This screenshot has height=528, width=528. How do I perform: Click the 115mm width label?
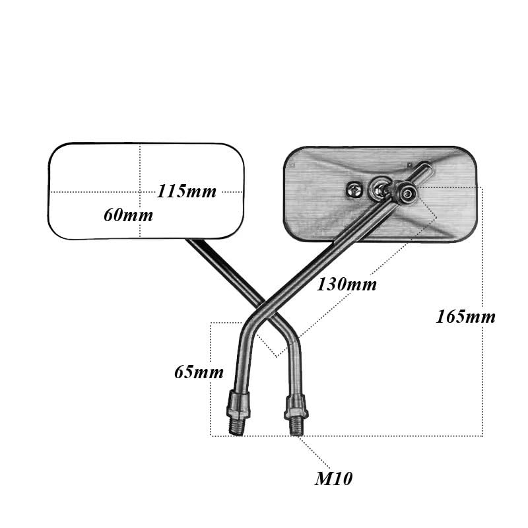pos(187,191)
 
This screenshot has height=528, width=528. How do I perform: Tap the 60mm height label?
pos(128,215)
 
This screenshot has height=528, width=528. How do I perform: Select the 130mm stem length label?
pos(346,284)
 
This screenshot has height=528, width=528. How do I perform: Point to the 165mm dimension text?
pos(466,317)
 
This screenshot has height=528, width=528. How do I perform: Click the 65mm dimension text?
pos(199,372)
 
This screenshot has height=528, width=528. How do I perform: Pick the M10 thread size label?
pos(334,478)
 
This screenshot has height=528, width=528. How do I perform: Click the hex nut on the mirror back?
pos(354,191)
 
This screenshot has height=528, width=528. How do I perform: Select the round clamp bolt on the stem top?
pos(407,193)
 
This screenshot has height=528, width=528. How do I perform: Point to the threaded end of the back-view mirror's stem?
pos(236,426)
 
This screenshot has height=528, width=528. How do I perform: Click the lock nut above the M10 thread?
pos(296,407)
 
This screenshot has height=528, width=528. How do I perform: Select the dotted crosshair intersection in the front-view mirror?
pos(140,192)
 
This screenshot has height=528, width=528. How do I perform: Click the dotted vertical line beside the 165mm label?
pos(482,311)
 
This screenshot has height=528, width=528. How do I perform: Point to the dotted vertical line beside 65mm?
pos(211,379)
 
